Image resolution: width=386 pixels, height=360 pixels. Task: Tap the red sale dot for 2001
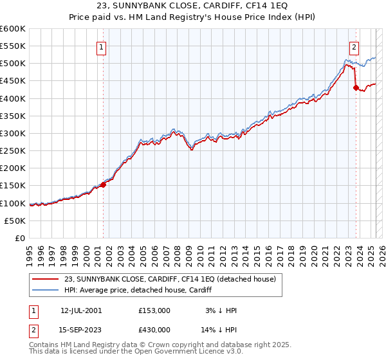pos(103,184)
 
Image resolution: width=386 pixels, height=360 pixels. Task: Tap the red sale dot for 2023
pos(356,88)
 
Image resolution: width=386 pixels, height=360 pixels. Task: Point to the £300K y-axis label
pos(12,133)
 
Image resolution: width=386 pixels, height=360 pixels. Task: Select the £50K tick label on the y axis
pos(15,221)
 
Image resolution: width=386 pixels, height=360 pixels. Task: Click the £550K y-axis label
pos(12,46)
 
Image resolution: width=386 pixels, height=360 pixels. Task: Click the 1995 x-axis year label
pos(30,253)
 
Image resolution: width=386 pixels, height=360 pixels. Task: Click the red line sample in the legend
pos(46,279)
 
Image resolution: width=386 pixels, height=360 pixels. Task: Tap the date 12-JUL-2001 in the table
pos(80,310)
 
